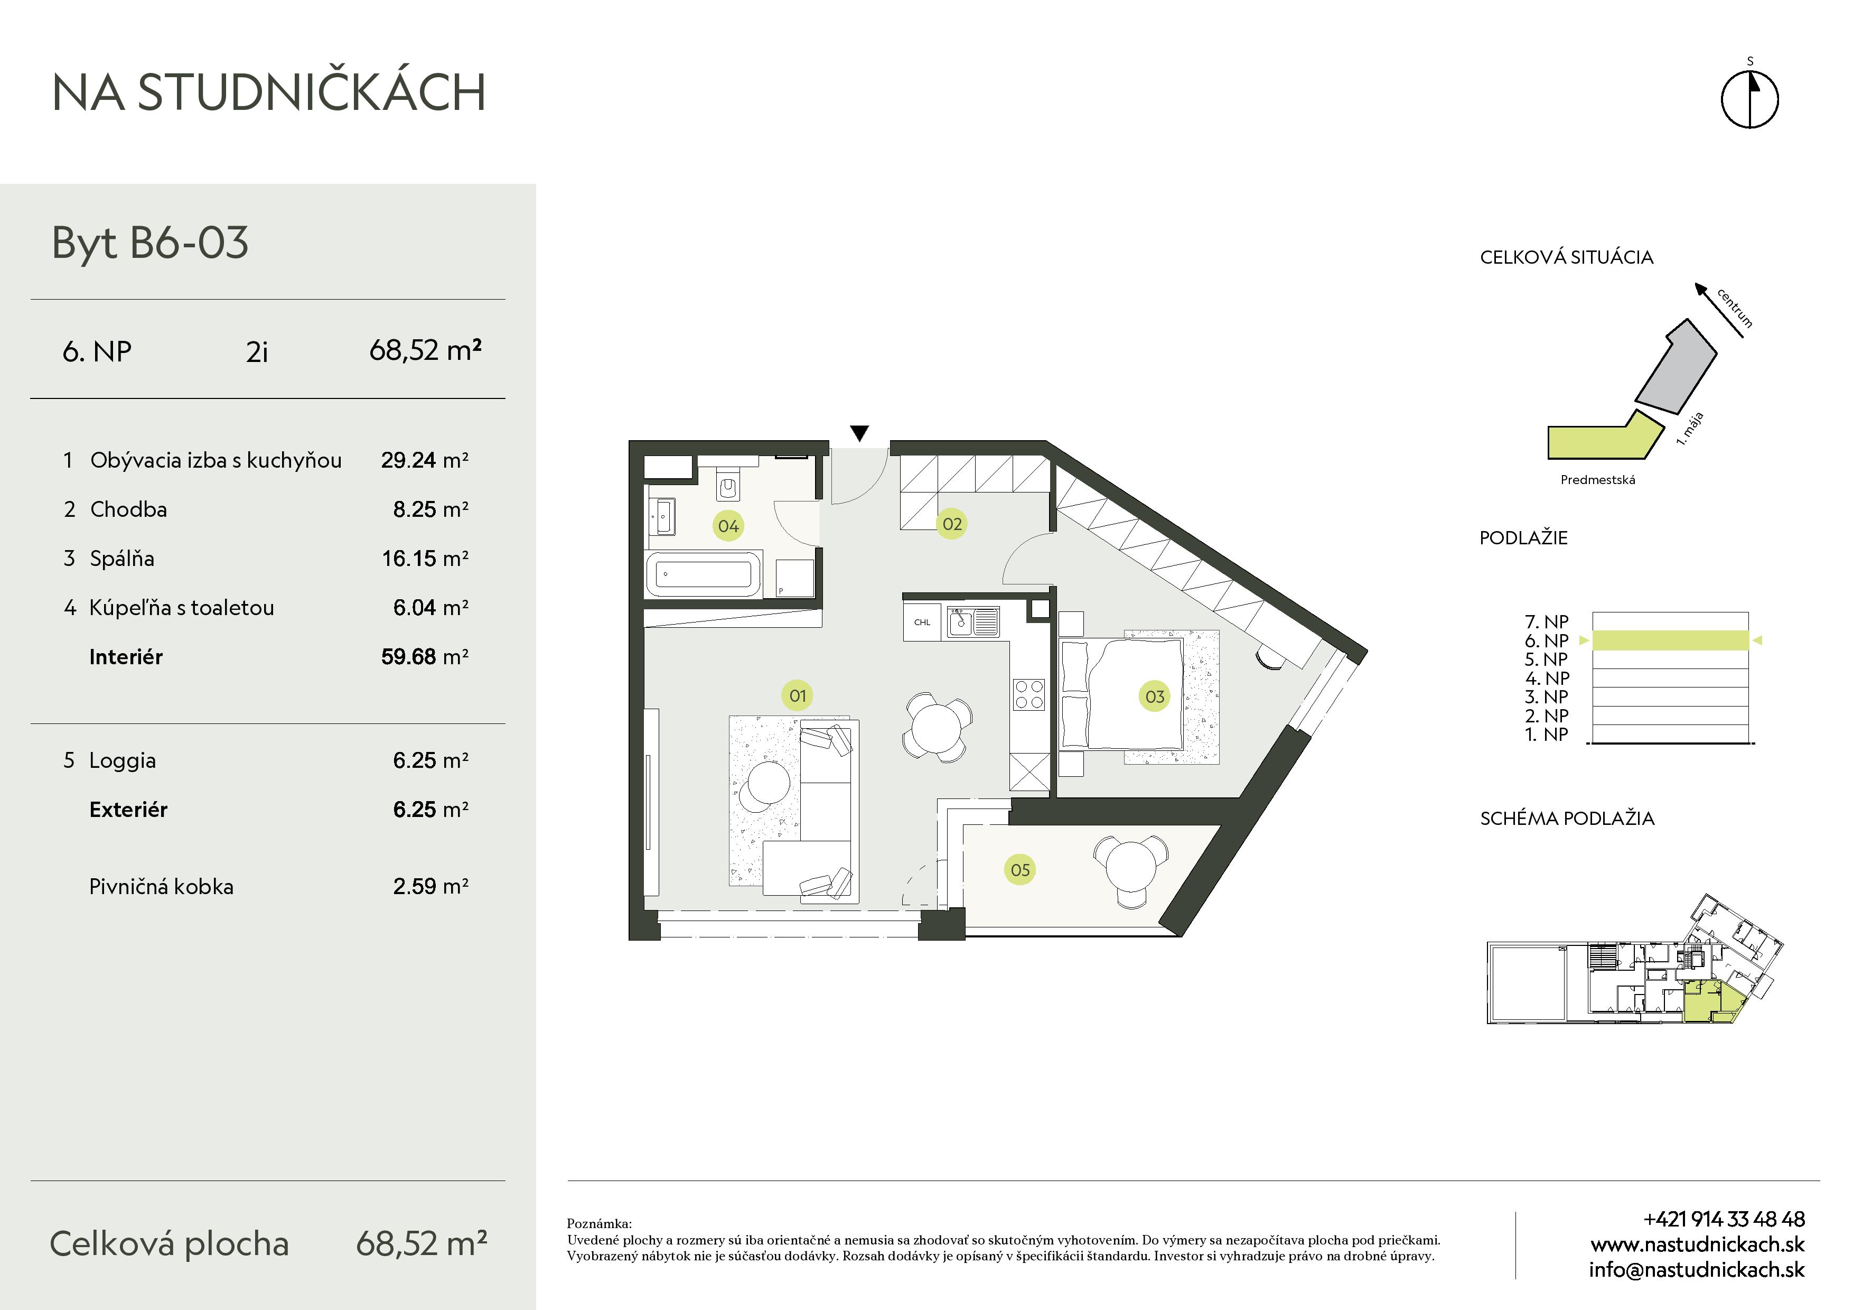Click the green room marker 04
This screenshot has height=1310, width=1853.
(728, 526)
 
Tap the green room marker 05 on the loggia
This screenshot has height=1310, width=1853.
(1020, 870)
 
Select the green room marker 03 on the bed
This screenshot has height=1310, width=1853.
(1155, 696)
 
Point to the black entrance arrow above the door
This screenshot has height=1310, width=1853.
(859, 433)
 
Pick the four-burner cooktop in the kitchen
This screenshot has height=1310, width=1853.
(1029, 695)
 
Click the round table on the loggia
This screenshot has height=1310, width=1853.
(1131, 865)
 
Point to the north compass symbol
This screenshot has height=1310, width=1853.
(1749, 98)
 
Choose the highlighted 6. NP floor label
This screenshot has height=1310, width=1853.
(1546, 641)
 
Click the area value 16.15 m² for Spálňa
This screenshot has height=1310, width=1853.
(425, 559)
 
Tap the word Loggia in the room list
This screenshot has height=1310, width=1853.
(123, 761)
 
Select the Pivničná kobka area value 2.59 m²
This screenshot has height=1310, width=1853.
(430, 886)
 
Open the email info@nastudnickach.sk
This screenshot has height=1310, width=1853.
(1697, 1270)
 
